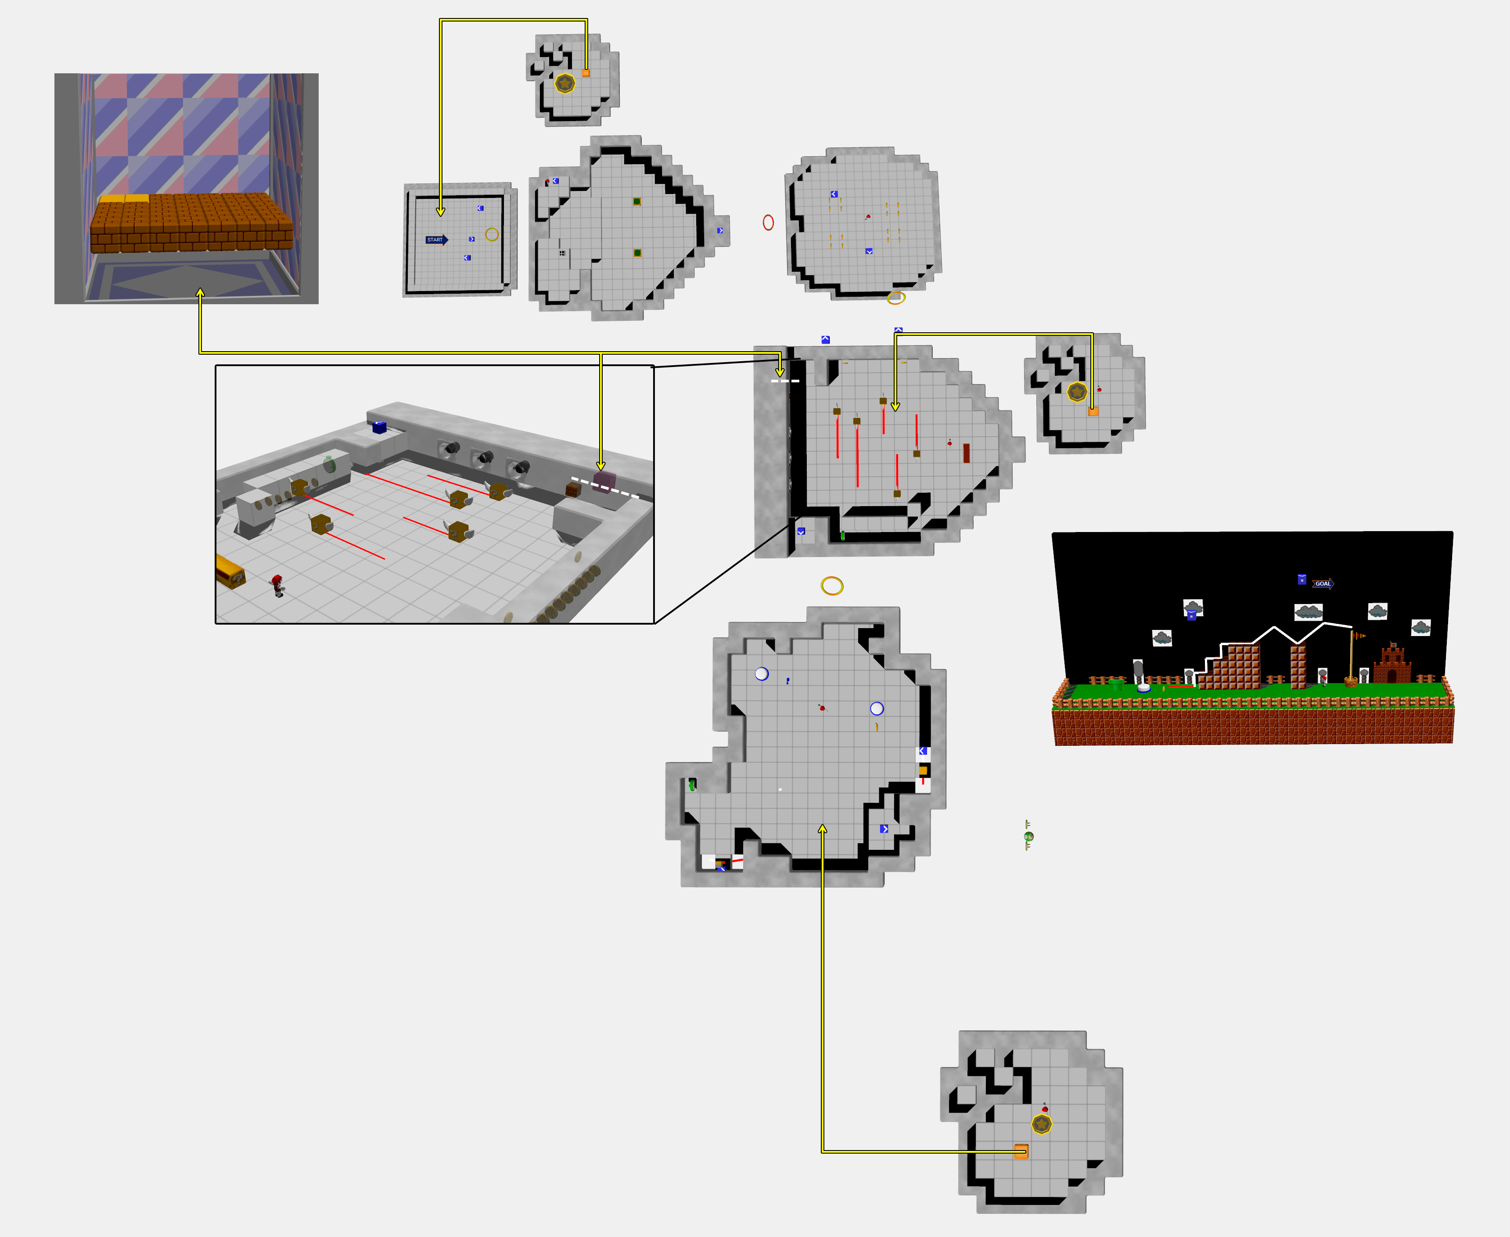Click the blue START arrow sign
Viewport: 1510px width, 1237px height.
[x=437, y=239]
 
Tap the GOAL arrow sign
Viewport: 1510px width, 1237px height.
[x=1323, y=583]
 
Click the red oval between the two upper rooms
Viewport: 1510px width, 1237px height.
[x=768, y=222]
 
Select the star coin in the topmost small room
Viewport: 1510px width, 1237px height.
[x=565, y=83]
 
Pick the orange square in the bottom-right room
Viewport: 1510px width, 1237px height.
[x=1021, y=1151]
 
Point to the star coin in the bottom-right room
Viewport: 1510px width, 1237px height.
[x=1042, y=1125]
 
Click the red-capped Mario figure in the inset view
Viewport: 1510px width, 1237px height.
[x=277, y=585]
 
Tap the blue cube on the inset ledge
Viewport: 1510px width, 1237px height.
[x=380, y=428]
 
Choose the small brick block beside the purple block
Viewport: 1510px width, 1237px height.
[x=573, y=489]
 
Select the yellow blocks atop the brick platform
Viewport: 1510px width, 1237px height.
[x=124, y=199]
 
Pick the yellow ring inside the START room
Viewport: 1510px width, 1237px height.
[x=492, y=234]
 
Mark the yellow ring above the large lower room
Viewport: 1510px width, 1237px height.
[x=832, y=586]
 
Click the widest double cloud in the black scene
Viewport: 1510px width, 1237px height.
[x=1309, y=611]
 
